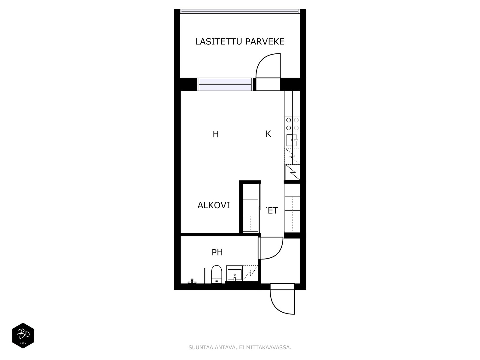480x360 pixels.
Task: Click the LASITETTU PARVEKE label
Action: (240, 41)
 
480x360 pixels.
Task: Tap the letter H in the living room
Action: (216, 134)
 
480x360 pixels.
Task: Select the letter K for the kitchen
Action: (268, 134)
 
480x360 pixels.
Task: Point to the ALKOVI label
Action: (213, 205)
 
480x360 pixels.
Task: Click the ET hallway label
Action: (273, 211)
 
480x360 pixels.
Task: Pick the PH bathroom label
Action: (217, 252)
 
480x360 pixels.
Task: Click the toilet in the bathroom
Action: (217, 274)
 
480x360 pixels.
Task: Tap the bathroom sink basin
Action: (234, 275)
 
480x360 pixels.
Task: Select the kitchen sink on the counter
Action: (292, 140)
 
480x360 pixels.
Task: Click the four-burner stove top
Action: (292, 124)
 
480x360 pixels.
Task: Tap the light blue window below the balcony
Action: (225, 84)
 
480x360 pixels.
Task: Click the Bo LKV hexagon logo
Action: (23, 335)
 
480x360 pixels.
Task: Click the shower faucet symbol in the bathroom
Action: (192, 281)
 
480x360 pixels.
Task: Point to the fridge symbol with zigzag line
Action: (292, 172)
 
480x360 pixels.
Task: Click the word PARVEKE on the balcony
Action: (265, 41)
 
